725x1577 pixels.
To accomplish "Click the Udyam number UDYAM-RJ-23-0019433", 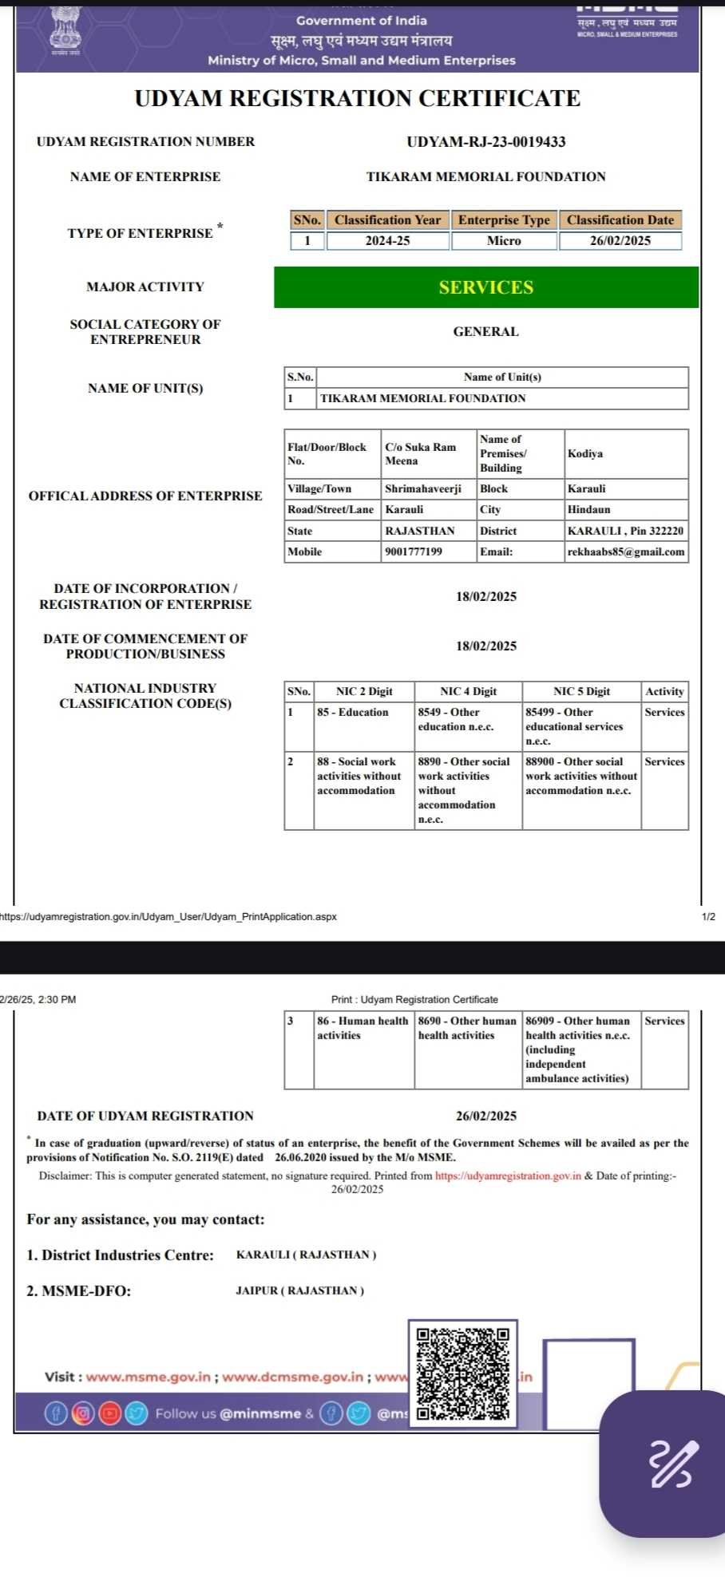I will [x=485, y=142].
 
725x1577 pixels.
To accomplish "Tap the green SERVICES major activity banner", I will [x=485, y=287].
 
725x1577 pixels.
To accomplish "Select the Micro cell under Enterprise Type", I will [x=504, y=241].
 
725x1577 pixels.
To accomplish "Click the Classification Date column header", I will [x=620, y=220].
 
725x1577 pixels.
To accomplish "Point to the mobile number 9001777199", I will [x=414, y=551].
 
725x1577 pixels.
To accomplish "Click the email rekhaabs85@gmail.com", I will [x=626, y=551].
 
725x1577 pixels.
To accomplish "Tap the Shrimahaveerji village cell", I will [x=423, y=488].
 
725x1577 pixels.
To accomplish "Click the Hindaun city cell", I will [x=589, y=509].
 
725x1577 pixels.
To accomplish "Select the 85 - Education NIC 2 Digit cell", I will [x=353, y=712].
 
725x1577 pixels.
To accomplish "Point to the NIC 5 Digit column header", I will [x=581, y=691].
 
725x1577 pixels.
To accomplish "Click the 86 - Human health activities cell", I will [x=362, y=1028].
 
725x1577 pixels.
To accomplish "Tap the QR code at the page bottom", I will [x=463, y=1373].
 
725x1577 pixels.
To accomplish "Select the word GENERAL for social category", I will [x=485, y=332].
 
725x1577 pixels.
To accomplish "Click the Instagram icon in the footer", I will [x=82, y=1413].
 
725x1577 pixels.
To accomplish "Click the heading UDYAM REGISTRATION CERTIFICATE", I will [x=357, y=99].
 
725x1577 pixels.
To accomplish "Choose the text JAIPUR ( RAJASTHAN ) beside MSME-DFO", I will [x=299, y=1290].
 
